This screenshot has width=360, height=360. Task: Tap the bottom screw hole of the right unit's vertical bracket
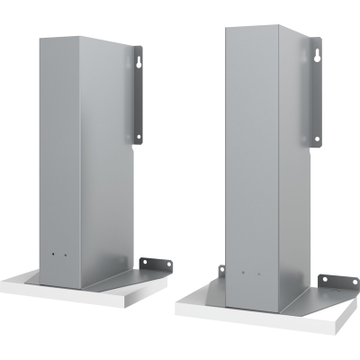pos(317,138)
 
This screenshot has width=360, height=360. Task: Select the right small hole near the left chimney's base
pos(64,255)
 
